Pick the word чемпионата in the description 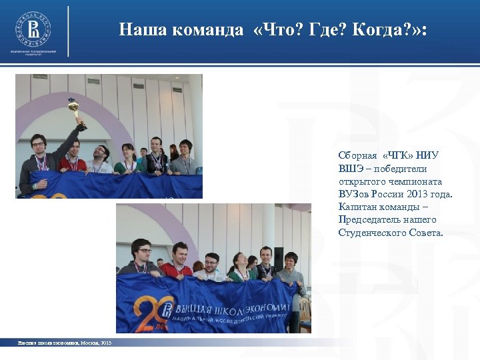pos(413,181)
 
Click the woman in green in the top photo pos(126,160)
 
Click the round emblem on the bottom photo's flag pos(168,309)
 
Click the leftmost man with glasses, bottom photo pos(141,257)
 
